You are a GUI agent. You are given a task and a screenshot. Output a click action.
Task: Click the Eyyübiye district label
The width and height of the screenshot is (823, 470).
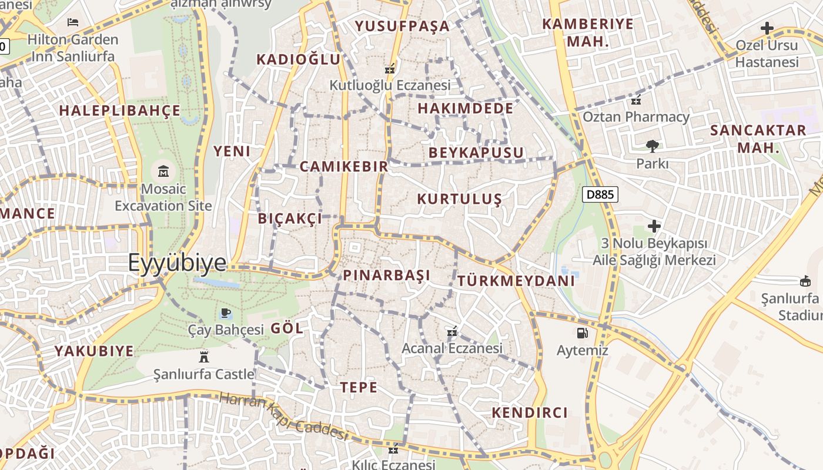(x=177, y=263)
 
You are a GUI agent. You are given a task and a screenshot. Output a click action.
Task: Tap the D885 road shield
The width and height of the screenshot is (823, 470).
(x=600, y=194)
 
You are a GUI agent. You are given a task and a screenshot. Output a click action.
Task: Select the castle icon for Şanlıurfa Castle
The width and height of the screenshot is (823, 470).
(x=204, y=356)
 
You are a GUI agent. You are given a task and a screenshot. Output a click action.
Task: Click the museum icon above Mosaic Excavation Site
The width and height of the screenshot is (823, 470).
(x=163, y=172)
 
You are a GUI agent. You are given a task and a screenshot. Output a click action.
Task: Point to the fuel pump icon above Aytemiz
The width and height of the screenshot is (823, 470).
(x=582, y=333)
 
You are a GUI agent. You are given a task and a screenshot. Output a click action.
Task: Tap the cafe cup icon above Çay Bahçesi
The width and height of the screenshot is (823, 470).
(x=225, y=313)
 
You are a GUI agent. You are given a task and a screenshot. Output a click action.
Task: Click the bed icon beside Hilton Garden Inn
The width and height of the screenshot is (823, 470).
(x=73, y=22)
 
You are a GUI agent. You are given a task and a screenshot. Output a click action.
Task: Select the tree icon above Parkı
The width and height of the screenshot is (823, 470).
(x=652, y=146)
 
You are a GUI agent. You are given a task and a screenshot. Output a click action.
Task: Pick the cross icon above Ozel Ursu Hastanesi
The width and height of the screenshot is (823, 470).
(x=767, y=28)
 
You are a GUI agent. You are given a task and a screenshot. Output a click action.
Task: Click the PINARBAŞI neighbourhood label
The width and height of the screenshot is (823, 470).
(x=386, y=275)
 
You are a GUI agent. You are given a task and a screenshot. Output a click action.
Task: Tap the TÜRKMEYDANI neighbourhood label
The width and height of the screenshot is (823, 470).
(x=516, y=281)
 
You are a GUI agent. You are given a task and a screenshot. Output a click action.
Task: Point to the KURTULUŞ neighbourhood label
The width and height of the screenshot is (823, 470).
(x=459, y=199)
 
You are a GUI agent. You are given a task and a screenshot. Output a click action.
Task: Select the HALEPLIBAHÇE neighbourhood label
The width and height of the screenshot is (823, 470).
(x=119, y=110)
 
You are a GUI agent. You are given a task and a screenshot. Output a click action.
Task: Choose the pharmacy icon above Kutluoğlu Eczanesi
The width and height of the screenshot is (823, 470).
(x=389, y=68)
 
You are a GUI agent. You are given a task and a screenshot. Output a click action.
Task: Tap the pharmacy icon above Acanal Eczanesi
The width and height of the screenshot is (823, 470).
(x=451, y=332)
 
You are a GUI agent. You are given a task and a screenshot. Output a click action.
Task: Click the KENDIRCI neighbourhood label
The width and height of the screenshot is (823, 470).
(x=529, y=412)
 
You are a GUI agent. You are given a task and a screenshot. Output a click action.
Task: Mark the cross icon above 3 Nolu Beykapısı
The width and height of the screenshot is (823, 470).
(x=654, y=226)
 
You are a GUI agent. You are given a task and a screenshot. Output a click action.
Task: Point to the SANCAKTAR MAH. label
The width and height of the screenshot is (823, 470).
(x=758, y=139)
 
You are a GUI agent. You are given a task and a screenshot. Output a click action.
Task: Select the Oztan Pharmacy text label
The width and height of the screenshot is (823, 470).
(x=635, y=117)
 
